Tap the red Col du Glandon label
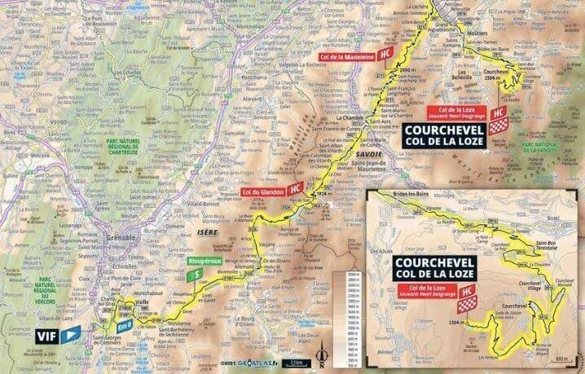262,191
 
